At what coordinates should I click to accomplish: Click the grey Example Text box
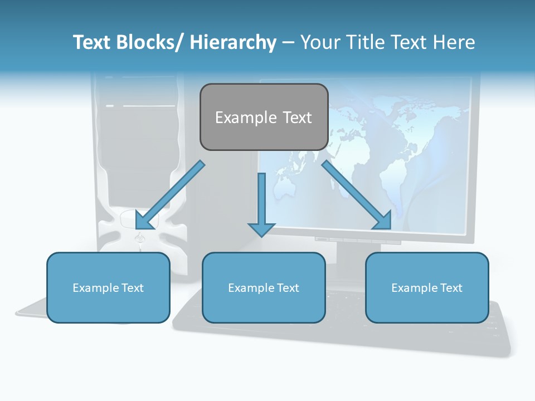(264, 117)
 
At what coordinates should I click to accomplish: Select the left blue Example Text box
(108, 287)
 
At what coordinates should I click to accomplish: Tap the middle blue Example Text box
(264, 287)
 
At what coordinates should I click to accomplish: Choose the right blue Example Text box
(427, 287)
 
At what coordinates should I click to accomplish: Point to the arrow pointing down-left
(169, 195)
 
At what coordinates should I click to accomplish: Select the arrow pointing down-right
(357, 195)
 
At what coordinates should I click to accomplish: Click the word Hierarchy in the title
(233, 42)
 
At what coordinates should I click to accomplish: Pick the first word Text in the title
(93, 42)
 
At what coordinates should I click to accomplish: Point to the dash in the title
(288, 42)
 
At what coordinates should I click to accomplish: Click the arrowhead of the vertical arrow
(262, 229)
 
